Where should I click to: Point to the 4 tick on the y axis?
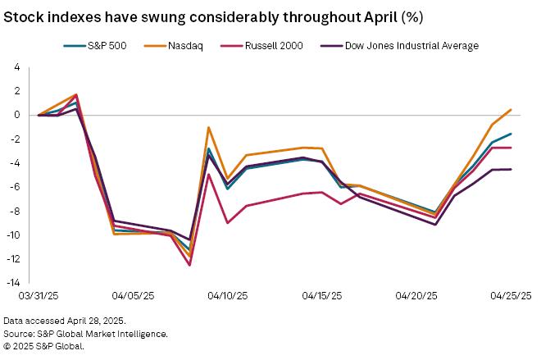[x=16, y=67]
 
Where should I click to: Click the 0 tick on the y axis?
[x=16, y=116]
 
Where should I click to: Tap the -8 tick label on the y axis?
[x=15, y=212]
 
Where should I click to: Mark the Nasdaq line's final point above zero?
[x=511, y=110]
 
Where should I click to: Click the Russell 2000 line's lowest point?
[x=189, y=265]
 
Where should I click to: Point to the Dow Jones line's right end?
[x=511, y=170]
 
